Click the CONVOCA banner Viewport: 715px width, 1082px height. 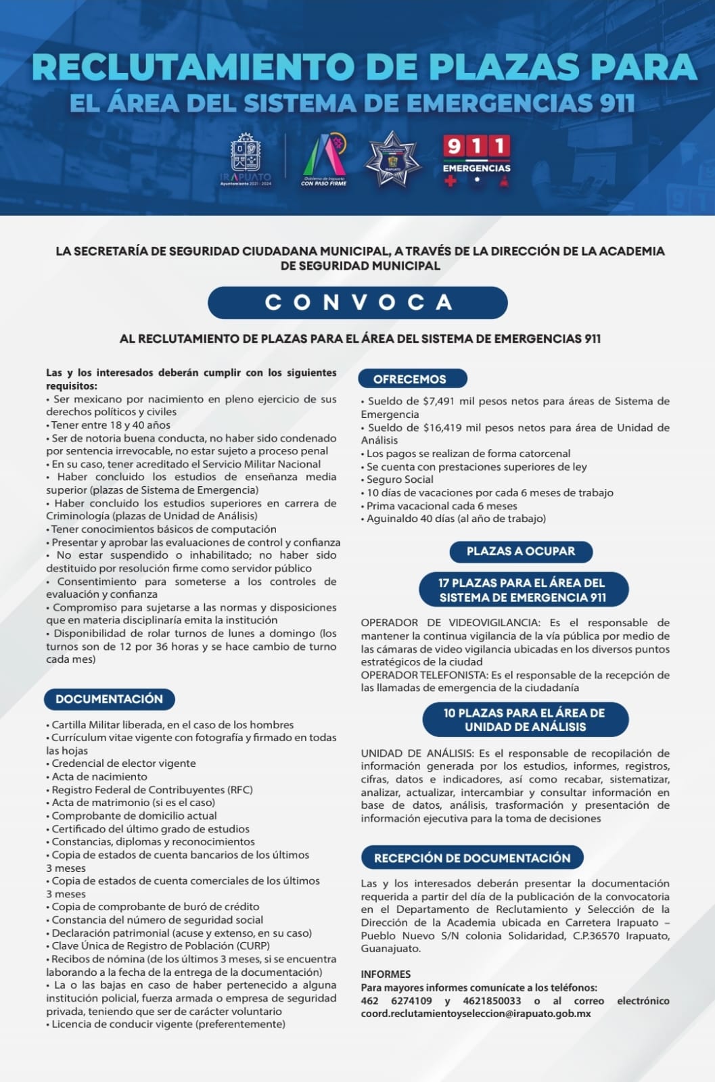(357, 302)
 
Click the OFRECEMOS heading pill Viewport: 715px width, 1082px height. (410, 379)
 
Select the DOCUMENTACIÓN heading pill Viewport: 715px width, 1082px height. (110, 699)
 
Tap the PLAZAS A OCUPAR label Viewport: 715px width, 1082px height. (521, 551)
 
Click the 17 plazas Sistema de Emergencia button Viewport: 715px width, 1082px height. (523, 590)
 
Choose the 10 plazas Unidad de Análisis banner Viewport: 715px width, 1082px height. (525, 720)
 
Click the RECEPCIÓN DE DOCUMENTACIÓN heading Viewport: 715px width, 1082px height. (472, 857)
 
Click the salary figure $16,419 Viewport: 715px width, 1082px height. (442, 427)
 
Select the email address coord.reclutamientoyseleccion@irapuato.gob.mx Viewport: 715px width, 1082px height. (476, 1014)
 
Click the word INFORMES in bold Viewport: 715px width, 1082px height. (386, 974)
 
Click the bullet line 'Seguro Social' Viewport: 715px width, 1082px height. (400, 479)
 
